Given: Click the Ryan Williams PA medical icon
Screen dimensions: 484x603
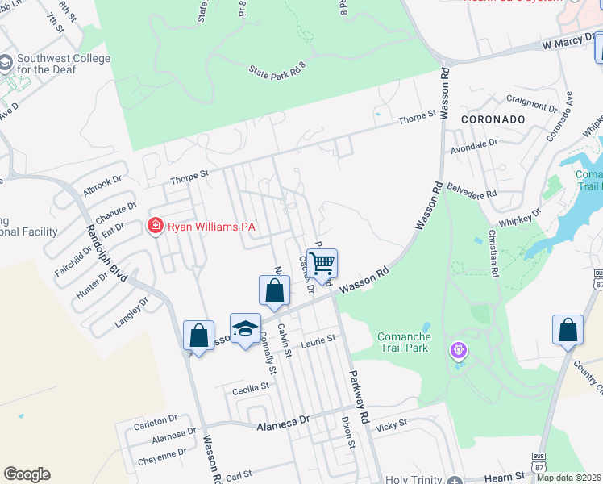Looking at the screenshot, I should point(156,227).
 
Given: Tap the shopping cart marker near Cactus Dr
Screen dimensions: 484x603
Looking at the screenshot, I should point(322,263).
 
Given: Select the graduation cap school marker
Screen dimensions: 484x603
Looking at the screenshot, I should point(245,328).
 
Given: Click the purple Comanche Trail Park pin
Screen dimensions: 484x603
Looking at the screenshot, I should point(459,351).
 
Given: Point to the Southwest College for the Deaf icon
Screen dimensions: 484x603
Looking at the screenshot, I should point(6,63).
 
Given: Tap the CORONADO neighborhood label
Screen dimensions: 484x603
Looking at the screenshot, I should point(493,119).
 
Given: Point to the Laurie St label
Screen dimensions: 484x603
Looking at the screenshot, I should point(317,342).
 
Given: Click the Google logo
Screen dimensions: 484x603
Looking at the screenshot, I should point(27,474).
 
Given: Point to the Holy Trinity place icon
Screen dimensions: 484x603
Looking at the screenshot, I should point(455,478).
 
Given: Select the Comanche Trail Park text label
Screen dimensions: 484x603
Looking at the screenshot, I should point(403,344).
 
